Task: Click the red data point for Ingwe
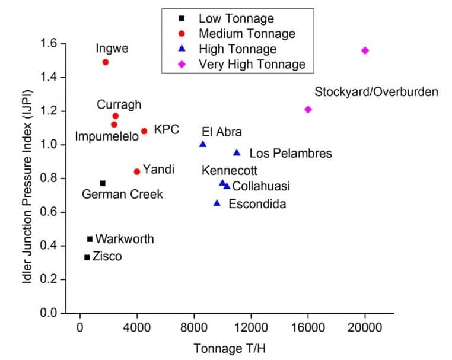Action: [x=106, y=62]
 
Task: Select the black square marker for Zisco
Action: [x=87, y=257]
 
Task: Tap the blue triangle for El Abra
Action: [x=203, y=144]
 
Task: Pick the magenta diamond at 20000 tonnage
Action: [x=365, y=50]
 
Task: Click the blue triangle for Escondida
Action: [x=217, y=203]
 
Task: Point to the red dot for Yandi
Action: [x=137, y=171]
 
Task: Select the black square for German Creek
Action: [x=103, y=183]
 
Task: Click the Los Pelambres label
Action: [x=290, y=154]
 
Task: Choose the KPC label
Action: [x=166, y=129]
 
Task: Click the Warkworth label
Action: [x=125, y=239]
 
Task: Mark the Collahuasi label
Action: [x=261, y=186]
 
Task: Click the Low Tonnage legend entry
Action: [x=228, y=18]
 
